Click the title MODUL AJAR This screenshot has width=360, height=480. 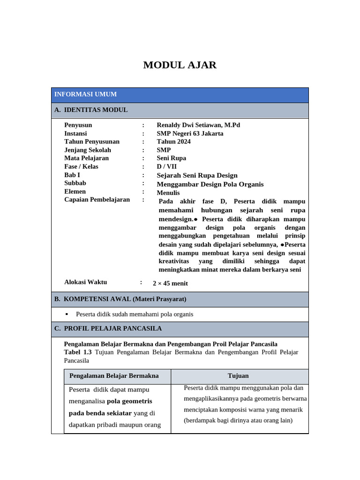click(180, 65)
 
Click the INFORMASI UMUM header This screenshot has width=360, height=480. click(85, 94)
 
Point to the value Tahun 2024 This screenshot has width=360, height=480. click(173, 142)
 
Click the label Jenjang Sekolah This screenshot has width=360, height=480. click(88, 150)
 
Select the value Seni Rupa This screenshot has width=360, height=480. click(172, 158)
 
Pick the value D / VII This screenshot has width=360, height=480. click(167, 167)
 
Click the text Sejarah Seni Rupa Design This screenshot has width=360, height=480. click(197, 175)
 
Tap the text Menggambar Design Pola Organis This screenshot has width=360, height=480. click(210, 184)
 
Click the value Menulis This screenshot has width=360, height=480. click(168, 193)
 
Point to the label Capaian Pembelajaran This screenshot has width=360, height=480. click(97, 200)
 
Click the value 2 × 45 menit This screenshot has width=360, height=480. click(170, 283)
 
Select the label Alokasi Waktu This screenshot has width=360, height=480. click(85, 282)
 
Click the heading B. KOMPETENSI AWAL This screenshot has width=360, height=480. click(120, 299)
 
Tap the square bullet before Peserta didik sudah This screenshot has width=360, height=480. click(67, 314)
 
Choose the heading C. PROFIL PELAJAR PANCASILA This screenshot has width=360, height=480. click(108, 329)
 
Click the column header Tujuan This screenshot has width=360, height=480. click(238, 376)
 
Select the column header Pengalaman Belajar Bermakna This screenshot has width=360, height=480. click(114, 376)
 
